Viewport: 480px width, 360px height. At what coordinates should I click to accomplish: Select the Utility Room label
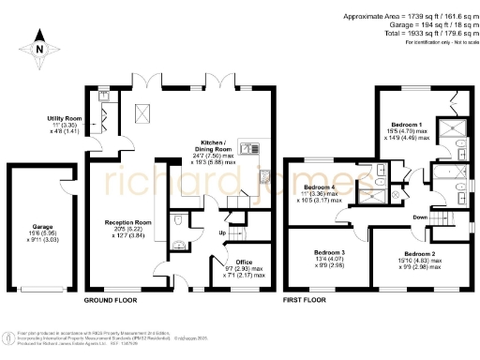[65, 118]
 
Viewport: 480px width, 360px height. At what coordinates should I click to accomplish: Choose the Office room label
[245, 262]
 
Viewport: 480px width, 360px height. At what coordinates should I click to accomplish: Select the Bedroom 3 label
[329, 253]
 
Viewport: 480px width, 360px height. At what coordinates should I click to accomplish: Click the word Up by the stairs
[222, 233]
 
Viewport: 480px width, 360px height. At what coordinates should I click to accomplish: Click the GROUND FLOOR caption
[112, 301]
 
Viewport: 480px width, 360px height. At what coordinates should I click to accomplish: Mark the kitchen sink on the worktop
[250, 148]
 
